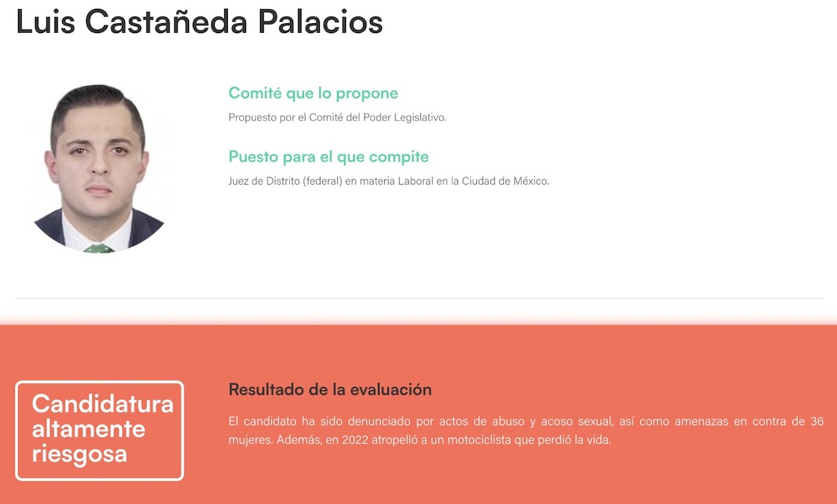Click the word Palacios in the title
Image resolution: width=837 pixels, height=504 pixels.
321,22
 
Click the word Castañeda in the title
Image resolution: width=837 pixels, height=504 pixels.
166,22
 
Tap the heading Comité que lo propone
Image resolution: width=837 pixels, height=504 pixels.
313,93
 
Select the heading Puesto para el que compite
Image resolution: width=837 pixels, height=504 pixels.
329,157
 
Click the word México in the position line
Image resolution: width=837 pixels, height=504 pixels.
531,181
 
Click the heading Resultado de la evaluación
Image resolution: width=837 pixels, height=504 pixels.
330,389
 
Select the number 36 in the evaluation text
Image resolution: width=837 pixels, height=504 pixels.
817,421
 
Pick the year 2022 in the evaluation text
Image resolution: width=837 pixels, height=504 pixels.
354,440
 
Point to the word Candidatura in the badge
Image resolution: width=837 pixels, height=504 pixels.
102,404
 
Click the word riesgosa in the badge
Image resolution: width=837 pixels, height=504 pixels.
79,455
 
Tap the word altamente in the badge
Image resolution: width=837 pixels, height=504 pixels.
89,429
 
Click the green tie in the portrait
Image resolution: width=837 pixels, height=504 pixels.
99,248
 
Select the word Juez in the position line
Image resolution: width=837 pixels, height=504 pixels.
238,181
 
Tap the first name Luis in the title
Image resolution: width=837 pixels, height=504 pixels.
46,22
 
